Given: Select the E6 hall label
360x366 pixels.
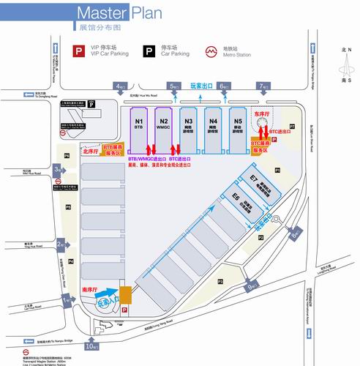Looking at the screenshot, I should (236, 198).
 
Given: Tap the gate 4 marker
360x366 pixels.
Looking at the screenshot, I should (120, 87).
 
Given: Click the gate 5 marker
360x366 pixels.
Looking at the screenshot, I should (173, 87).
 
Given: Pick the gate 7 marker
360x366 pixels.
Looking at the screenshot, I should (263, 87).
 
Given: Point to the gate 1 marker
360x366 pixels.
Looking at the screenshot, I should (67, 300).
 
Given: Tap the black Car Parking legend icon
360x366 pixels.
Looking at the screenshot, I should (149, 51).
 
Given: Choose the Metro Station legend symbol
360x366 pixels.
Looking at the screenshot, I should (210, 51).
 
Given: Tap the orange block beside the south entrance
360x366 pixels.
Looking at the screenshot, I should (127, 294).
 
